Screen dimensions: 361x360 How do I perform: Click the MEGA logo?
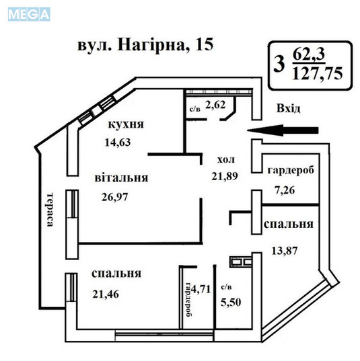(x=28, y=13)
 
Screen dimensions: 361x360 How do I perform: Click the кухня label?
(x=126, y=125)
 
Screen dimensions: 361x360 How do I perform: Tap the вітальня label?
(x=121, y=178)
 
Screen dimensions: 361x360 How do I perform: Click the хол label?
(x=225, y=159)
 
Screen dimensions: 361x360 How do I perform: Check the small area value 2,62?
(x=215, y=104)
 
